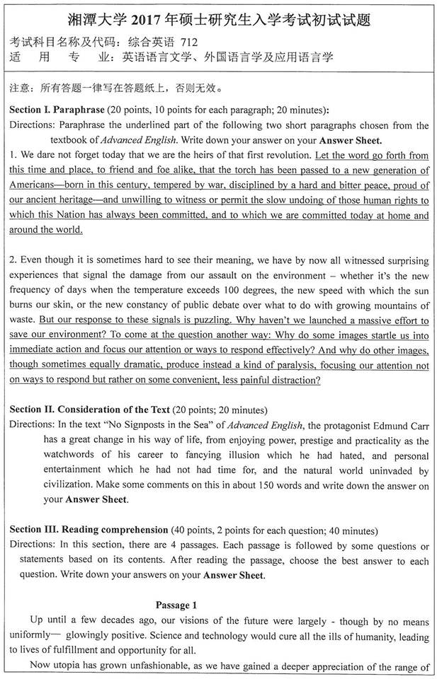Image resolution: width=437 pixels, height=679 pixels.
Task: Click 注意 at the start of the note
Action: click(x=18, y=90)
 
